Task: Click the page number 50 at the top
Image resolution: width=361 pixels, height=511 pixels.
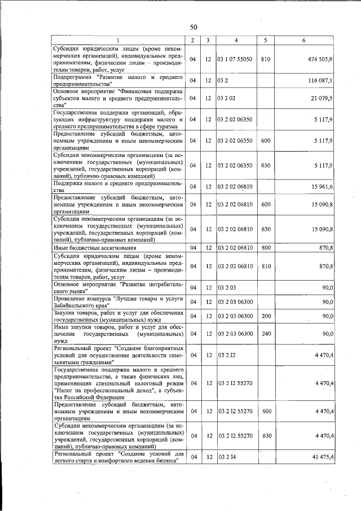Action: point(193,27)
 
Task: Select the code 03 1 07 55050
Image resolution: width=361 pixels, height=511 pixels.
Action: point(235,59)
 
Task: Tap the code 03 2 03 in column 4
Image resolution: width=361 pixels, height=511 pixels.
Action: point(226,287)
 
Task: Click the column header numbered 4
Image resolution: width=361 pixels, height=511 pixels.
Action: point(236,40)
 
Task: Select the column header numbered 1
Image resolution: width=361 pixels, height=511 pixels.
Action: point(118,40)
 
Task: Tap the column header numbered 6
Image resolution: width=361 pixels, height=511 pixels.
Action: point(303,40)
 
